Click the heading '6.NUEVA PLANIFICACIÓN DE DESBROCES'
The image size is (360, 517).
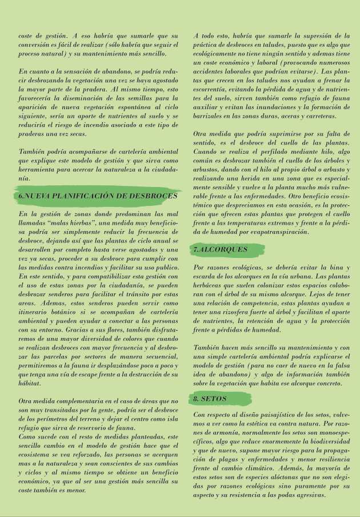[x=98, y=196]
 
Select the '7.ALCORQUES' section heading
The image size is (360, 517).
[x=220, y=249]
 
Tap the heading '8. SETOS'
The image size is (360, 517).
[x=211, y=398]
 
